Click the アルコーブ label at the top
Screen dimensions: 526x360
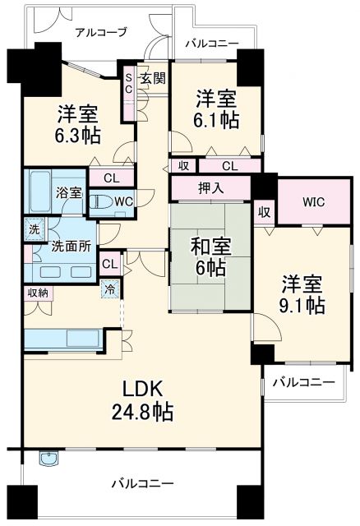point(100,33)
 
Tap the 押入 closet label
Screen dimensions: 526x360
point(210,188)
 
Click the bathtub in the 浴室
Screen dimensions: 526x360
point(39,192)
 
